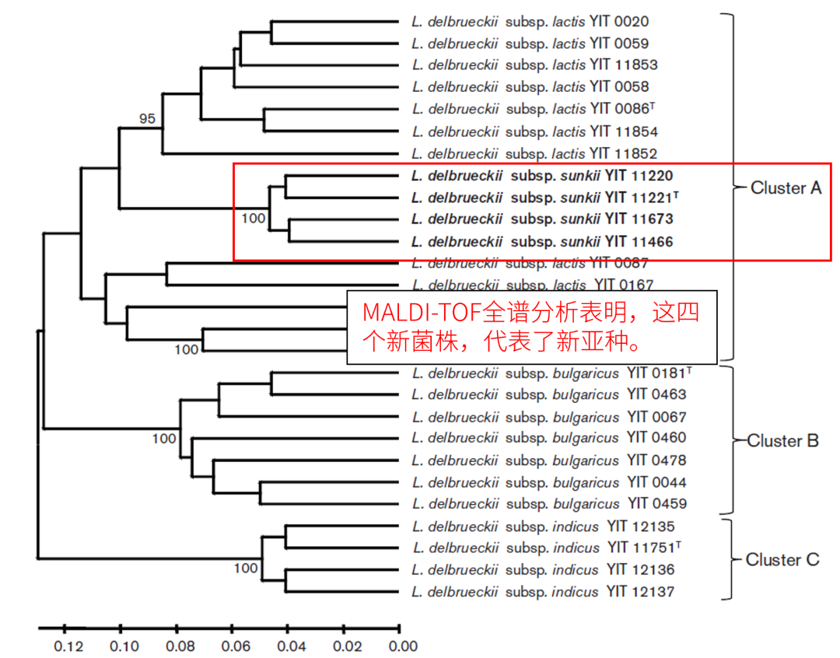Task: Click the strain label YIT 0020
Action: [x=619, y=22]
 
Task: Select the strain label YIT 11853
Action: [x=624, y=65]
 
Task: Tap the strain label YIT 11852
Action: [x=624, y=153]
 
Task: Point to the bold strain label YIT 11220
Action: [x=639, y=176]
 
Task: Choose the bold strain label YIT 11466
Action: [x=639, y=242]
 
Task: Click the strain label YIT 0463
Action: [x=657, y=394]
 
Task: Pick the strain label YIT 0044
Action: [x=657, y=482]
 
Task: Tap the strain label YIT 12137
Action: [x=641, y=593]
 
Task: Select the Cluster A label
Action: [x=786, y=187]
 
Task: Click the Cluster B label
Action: [x=783, y=441]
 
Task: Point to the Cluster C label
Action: [x=782, y=560]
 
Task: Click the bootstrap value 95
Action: [x=147, y=119]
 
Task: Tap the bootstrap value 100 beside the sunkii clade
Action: [x=254, y=218]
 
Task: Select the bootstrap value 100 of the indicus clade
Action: [x=246, y=569]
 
